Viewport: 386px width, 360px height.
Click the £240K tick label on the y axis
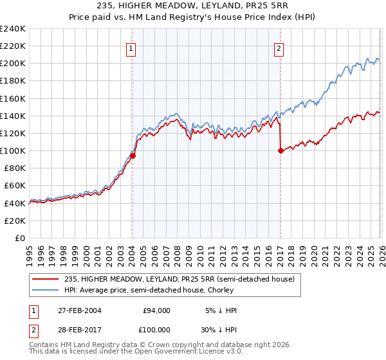(x=12, y=29)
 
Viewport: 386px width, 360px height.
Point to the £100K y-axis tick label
(x=12, y=150)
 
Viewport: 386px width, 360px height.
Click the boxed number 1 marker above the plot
(x=131, y=48)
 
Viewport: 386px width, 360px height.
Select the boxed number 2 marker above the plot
(x=279, y=48)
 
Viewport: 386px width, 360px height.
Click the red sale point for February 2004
(x=133, y=156)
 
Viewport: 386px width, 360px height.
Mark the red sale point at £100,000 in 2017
(x=280, y=151)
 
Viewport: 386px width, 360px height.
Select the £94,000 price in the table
(x=156, y=310)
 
